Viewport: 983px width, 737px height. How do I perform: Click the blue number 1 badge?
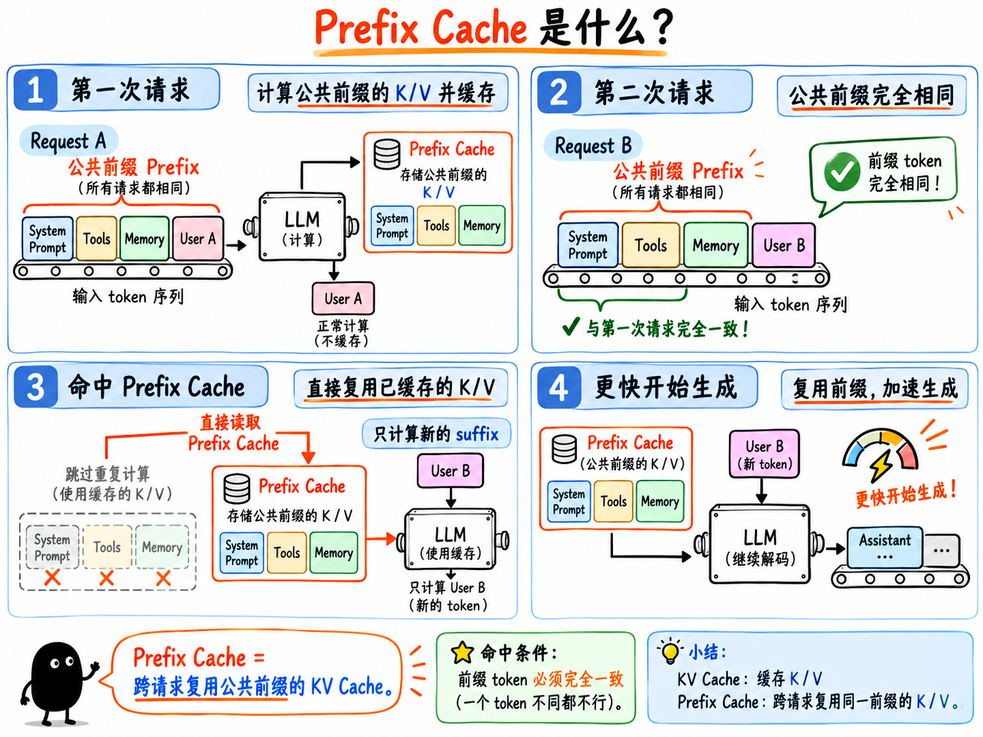coord(35,90)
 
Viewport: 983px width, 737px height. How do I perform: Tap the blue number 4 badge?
coord(559,388)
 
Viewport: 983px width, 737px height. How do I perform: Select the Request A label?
coord(69,140)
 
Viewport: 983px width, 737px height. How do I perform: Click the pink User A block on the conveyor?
coord(198,238)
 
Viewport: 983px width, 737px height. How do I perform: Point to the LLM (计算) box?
coord(302,227)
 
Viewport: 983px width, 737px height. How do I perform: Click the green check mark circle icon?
coord(842,172)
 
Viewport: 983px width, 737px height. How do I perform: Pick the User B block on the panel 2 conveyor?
coord(783,245)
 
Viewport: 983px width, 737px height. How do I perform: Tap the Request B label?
coord(593,145)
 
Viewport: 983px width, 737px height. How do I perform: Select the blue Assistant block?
coord(885,547)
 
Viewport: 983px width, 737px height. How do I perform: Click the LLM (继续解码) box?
coord(760,544)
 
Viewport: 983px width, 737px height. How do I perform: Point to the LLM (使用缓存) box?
coord(450,540)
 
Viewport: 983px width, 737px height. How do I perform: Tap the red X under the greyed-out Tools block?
coord(106,578)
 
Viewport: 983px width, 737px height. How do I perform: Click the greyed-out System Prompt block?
coord(52,547)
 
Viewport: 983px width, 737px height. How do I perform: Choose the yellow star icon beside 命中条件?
coord(462,652)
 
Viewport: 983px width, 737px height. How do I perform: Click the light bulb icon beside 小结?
coord(670,651)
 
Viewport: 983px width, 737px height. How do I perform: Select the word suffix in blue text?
coord(477,434)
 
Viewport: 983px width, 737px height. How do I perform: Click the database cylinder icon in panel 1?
coord(387,154)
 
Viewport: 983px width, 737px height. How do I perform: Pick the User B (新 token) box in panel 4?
coord(764,454)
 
